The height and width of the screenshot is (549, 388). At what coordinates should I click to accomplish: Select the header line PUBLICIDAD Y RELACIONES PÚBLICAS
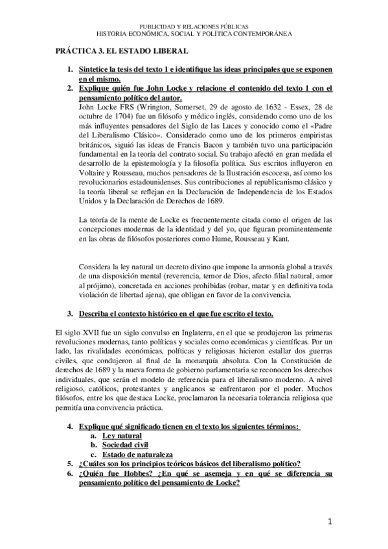pos(194,25)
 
